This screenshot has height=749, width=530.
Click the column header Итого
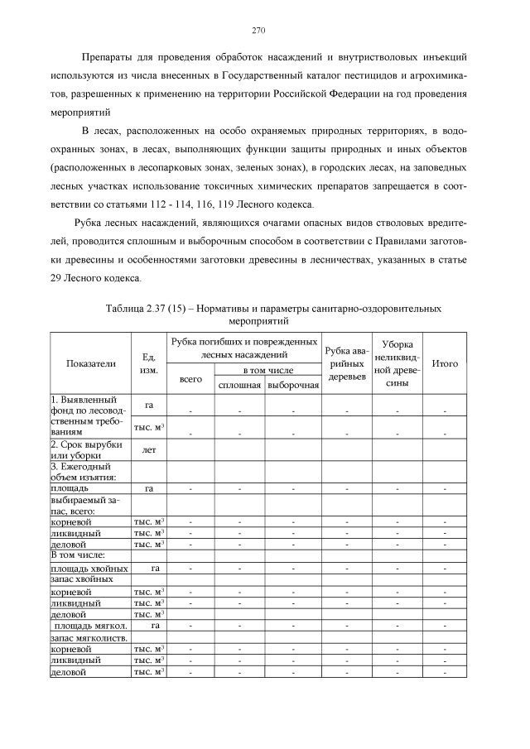[x=446, y=362]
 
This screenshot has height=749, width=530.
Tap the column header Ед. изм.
[x=149, y=363]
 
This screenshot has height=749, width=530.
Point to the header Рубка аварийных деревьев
[x=346, y=363]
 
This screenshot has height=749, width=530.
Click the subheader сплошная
[x=239, y=386]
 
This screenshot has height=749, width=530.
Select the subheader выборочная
[x=292, y=386]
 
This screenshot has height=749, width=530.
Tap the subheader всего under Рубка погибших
[x=191, y=379]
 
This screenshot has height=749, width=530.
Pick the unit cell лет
[x=149, y=450]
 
